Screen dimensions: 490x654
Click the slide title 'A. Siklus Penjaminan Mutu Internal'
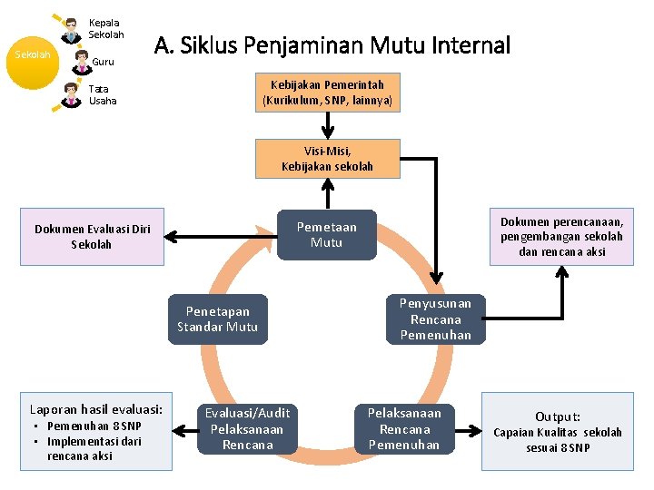pos(332,45)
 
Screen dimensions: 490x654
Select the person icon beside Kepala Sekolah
pos(71,29)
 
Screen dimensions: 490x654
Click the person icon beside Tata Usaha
pos(71,93)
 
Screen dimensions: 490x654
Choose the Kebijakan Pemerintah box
pos(327,93)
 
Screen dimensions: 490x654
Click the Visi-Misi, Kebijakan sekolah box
pos(327,159)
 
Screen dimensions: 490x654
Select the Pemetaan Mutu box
pos(326,235)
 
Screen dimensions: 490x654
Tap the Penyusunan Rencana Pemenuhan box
pos(435,319)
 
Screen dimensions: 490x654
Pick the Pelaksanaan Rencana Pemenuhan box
pos(404,428)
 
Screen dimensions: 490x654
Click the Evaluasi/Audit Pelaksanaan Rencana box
pos(247,428)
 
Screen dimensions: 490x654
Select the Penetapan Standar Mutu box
pos(217,319)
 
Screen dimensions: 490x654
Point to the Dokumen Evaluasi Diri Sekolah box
pos(93,237)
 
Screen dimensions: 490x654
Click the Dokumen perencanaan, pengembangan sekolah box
pos(560,237)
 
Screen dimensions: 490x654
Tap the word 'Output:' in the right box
pos(558,416)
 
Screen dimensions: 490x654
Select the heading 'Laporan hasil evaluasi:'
pos(96,408)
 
